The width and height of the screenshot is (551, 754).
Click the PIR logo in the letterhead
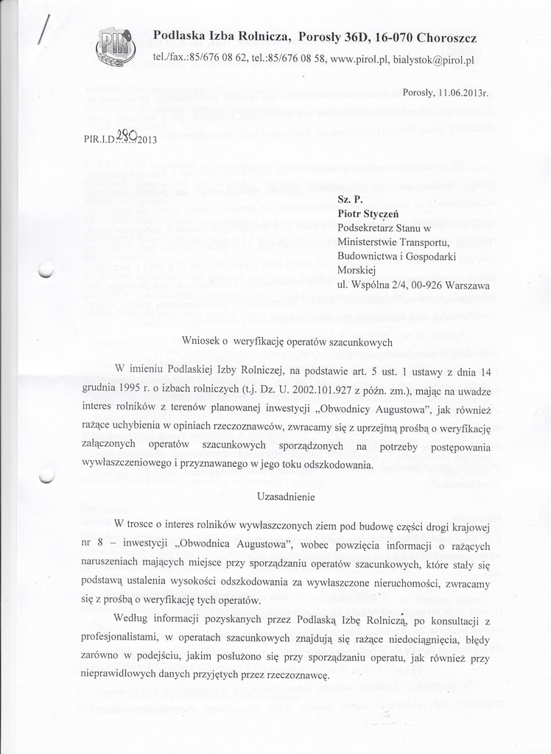(x=116, y=48)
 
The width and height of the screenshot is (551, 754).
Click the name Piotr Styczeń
(x=369, y=214)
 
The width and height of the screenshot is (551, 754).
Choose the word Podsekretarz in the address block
(x=366, y=228)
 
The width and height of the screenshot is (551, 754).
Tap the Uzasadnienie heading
(x=286, y=497)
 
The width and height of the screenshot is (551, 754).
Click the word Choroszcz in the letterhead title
(x=446, y=37)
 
